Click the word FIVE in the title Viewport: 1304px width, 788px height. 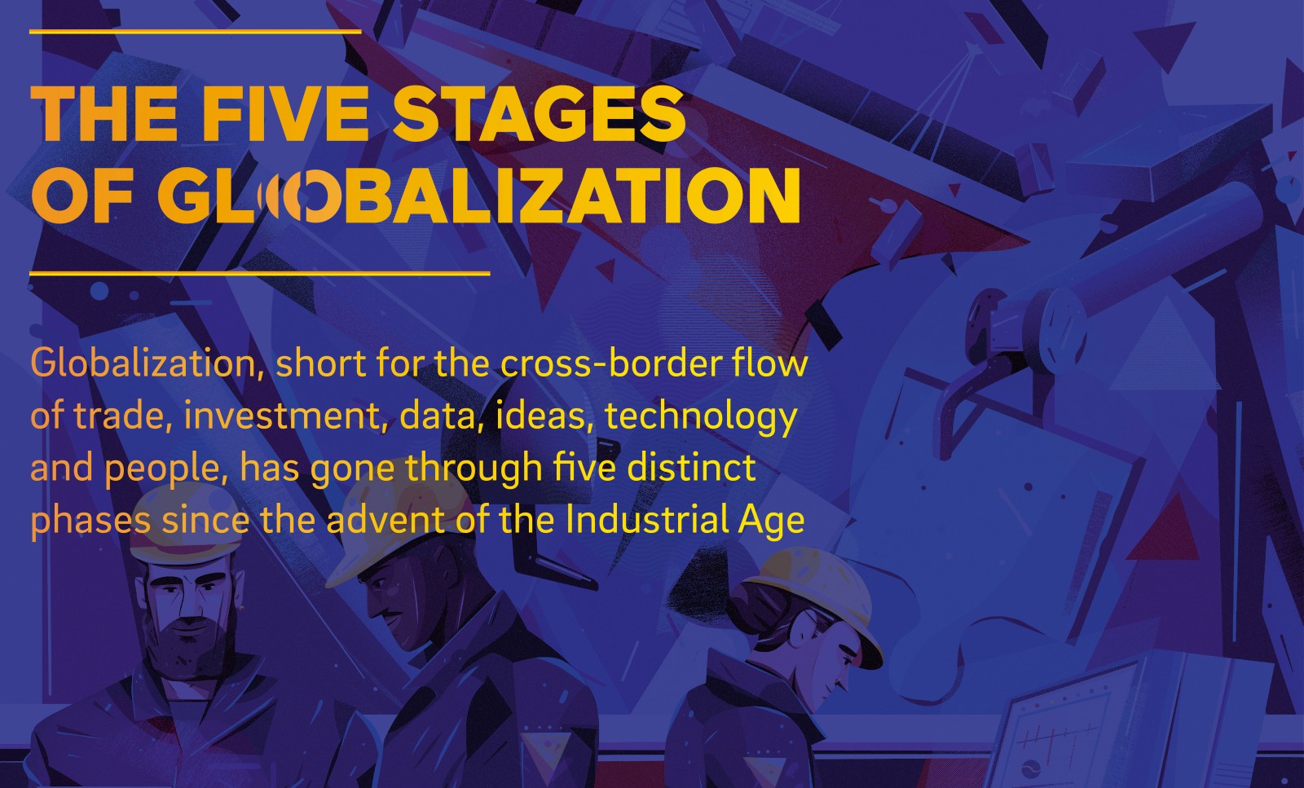pos(284,113)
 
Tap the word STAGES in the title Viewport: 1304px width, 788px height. pos(539,113)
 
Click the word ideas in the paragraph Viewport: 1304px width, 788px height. pos(540,416)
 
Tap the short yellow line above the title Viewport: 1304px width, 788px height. pos(195,32)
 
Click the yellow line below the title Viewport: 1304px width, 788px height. pos(260,273)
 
